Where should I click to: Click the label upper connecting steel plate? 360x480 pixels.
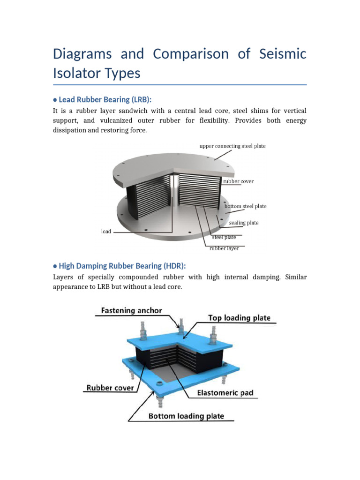tap(233, 146)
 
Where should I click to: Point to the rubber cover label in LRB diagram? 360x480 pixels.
tap(238, 181)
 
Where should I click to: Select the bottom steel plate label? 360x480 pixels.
tap(245, 206)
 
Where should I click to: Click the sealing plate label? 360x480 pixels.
tap(244, 223)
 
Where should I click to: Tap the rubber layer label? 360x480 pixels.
tap(224, 248)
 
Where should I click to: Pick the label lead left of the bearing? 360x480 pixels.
tap(106, 232)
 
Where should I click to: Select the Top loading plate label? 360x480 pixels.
tap(239, 318)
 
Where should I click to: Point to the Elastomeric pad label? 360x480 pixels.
tap(225, 393)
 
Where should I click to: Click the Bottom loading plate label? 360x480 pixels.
tap(186, 416)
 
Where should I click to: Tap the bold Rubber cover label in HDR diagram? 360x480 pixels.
tap(110, 388)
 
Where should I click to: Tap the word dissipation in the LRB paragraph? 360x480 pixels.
tap(72, 131)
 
